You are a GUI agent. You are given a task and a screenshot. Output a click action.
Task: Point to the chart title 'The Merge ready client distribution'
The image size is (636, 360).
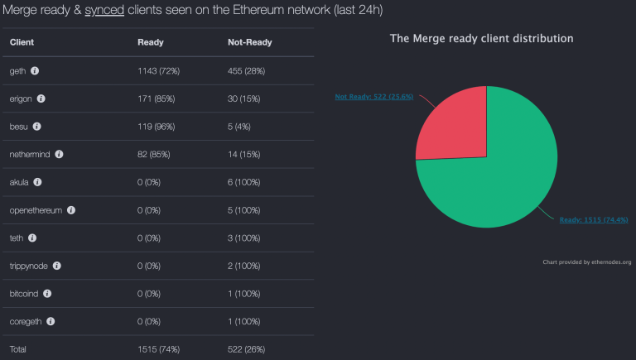click(x=482, y=38)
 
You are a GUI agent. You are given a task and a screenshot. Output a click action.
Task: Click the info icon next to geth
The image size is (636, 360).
click(x=35, y=70)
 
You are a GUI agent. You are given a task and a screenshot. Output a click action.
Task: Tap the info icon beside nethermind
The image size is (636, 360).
click(x=59, y=154)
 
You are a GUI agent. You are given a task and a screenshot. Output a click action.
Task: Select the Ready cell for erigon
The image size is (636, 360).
click(x=156, y=98)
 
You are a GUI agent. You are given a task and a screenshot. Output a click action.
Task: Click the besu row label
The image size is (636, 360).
click(x=18, y=127)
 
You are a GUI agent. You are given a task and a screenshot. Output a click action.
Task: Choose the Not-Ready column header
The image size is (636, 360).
click(x=249, y=41)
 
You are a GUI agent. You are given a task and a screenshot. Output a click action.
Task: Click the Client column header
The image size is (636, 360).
click(x=22, y=41)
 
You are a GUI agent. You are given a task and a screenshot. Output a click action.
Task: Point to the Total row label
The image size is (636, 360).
click(x=18, y=349)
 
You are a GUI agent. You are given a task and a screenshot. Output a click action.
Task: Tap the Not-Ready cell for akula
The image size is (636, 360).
click(x=248, y=182)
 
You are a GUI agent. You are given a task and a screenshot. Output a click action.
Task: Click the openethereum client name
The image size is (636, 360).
click(x=36, y=210)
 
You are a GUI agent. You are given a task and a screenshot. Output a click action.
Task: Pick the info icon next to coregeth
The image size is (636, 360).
click(x=51, y=321)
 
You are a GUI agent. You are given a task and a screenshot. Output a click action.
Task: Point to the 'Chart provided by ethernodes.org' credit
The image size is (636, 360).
click(x=587, y=262)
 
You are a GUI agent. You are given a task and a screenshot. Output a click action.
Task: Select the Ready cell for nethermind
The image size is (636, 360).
click(x=156, y=154)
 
